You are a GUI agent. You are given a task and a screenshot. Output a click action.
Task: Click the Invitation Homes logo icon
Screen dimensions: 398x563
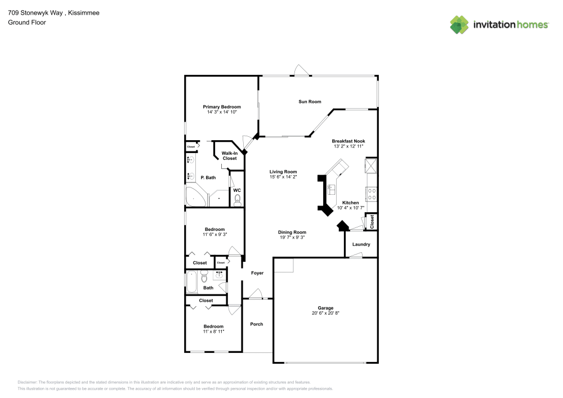pyautogui.click(x=459, y=24)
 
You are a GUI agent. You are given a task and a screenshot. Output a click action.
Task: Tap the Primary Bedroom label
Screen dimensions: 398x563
pyautogui.click(x=222, y=107)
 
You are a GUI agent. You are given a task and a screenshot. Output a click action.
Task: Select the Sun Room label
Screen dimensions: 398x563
pyautogui.click(x=310, y=102)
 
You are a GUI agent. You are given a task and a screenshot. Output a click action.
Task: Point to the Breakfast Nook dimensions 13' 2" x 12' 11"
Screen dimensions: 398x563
pyautogui.click(x=348, y=146)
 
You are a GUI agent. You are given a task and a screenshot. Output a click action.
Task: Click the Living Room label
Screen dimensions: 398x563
pyautogui.click(x=283, y=172)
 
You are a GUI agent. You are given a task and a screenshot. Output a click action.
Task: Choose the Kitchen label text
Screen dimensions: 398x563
pyautogui.click(x=351, y=203)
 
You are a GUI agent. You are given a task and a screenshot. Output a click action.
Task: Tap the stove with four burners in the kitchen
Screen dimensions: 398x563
pyautogui.click(x=372, y=194)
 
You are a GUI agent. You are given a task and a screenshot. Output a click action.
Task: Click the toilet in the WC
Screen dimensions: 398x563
pyautogui.click(x=237, y=199)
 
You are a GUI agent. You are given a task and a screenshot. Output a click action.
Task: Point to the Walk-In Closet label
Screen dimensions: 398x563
pyautogui.click(x=229, y=156)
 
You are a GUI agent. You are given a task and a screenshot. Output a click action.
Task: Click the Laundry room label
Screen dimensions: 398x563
pyautogui.click(x=361, y=244)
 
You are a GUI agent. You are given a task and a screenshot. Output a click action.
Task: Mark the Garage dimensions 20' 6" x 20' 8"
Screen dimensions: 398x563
pyautogui.click(x=325, y=313)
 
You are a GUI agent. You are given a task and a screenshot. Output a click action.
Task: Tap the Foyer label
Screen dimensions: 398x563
pyautogui.click(x=257, y=273)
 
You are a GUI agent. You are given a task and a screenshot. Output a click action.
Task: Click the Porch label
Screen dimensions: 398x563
pyautogui.click(x=257, y=324)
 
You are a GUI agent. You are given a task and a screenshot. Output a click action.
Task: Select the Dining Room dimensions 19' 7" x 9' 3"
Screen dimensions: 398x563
pyautogui.click(x=292, y=238)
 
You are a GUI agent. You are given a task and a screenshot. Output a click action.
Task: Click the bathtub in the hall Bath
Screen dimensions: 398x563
pyautogui.click(x=191, y=281)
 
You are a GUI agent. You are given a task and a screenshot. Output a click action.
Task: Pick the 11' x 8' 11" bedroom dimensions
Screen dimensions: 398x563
pyautogui.click(x=214, y=332)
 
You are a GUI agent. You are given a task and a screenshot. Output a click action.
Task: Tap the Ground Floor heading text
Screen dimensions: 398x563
pyautogui.click(x=27, y=23)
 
